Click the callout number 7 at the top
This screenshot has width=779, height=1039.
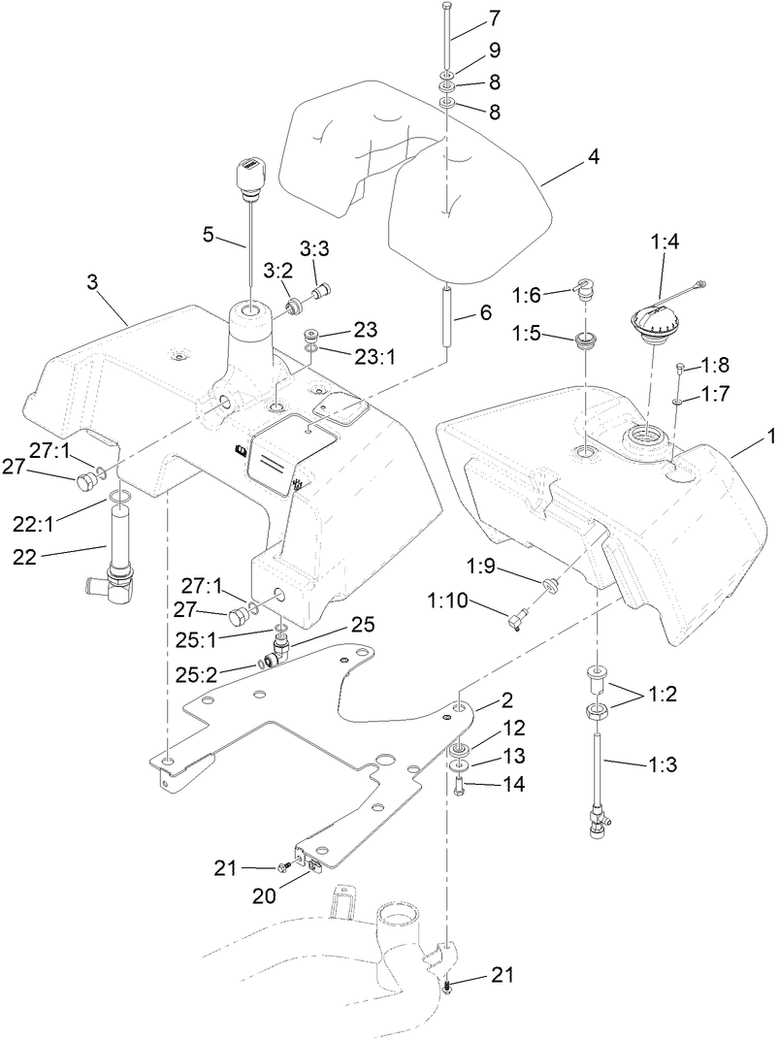point(495,17)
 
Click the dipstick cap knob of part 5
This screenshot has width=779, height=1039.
point(249,177)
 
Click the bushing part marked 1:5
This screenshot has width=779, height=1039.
point(587,341)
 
